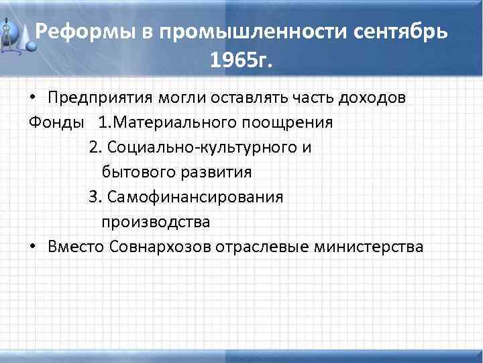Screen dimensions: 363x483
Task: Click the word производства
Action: point(156,222)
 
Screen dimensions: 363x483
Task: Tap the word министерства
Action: point(368,246)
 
